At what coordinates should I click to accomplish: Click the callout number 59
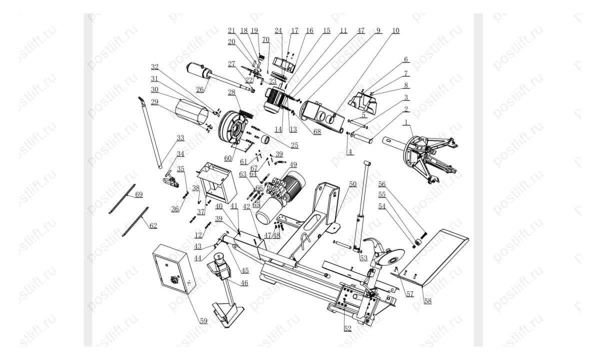click(x=203, y=320)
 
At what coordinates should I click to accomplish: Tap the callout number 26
click(x=200, y=90)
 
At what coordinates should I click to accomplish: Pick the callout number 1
click(x=406, y=122)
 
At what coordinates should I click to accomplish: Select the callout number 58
click(x=427, y=301)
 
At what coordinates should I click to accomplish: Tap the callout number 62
click(x=153, y=225)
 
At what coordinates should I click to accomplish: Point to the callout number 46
click(x=244, y=283)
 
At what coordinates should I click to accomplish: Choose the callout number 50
click(x=353, y=184)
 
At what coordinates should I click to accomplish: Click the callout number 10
click(x=395, y=30)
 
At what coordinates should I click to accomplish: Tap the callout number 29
click(x=154, y=102)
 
